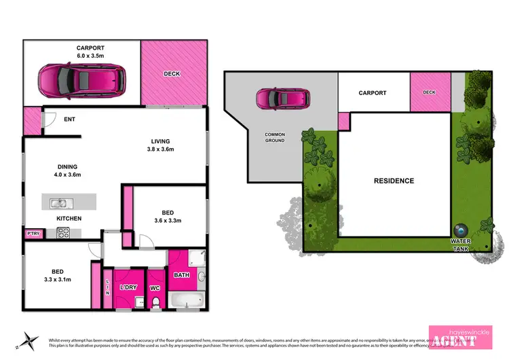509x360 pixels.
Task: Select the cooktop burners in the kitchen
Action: pyautogui.click(x=63, y=232)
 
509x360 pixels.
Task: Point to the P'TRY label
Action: pyautogui.click(x=33, y=234)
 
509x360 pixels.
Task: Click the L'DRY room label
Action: pyautogui.click(x=128, y=287)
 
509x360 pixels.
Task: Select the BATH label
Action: pyautogui.click(x=181, y=275)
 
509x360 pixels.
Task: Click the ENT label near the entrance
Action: pyautogui.click(x=69, y=119)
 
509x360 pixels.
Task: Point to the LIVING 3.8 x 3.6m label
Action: pyautogui.click(x=165, y=146)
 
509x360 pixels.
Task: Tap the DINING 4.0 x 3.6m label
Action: pyautogui.click(x=67, y=170)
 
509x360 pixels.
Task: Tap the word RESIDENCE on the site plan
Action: pyautogui.click(x=394, y=181)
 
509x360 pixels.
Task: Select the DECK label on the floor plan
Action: pyautogui.click(x=172, y=73)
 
